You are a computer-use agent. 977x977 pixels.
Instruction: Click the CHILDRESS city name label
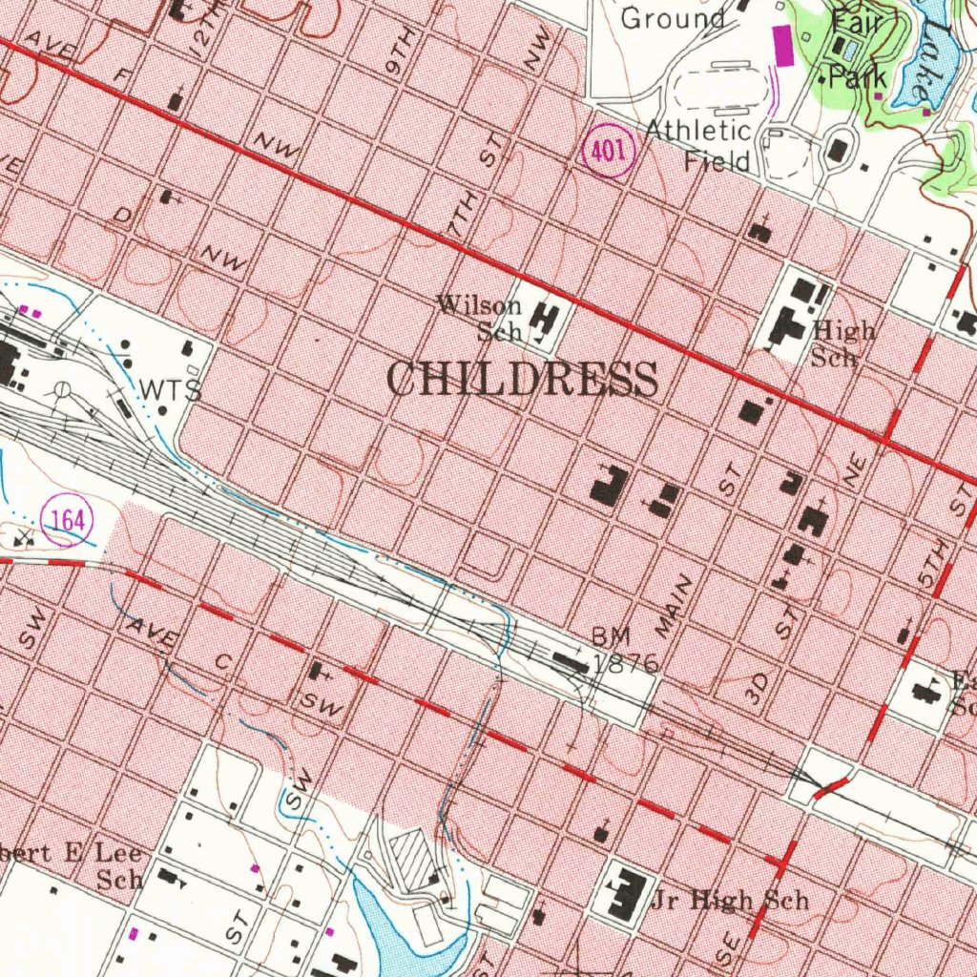(522, 380)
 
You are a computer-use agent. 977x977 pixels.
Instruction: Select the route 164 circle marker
(69, 521)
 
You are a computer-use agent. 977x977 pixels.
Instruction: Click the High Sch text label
(843, 344)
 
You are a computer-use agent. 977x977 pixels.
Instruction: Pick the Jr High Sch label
(730, 900)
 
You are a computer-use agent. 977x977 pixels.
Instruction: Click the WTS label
(171, 390)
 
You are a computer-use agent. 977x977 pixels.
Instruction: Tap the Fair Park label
(858, 48)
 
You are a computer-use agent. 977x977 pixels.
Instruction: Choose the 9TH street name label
(400, 53)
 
